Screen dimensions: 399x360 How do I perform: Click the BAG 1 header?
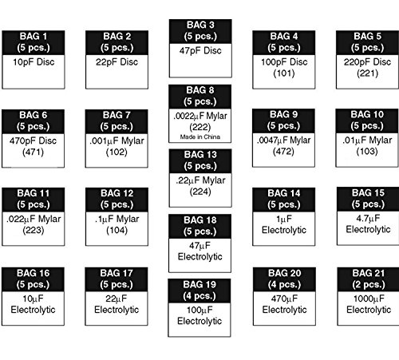34,42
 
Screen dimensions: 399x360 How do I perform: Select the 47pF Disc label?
200,50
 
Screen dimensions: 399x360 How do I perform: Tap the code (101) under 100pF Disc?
284,73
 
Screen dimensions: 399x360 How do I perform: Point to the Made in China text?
200,136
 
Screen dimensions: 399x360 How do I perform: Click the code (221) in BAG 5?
367,73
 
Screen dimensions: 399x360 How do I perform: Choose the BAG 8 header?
200,97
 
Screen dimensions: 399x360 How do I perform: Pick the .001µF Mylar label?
117,140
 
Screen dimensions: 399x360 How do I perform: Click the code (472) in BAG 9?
283,152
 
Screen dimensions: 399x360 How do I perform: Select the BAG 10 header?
367,121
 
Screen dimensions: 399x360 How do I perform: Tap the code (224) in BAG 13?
200,192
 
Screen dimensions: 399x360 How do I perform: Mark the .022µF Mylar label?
34,219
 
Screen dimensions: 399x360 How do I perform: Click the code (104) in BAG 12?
117,230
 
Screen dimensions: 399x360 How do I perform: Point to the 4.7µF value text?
368,219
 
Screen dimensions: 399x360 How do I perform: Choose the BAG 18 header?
200,226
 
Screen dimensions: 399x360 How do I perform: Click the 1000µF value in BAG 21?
369,299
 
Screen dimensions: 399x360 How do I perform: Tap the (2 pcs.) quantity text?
369,285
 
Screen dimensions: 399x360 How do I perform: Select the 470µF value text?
284,299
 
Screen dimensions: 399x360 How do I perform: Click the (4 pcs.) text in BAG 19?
199,296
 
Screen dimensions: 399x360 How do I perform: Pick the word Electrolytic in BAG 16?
33,310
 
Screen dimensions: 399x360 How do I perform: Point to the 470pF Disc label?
33,140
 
